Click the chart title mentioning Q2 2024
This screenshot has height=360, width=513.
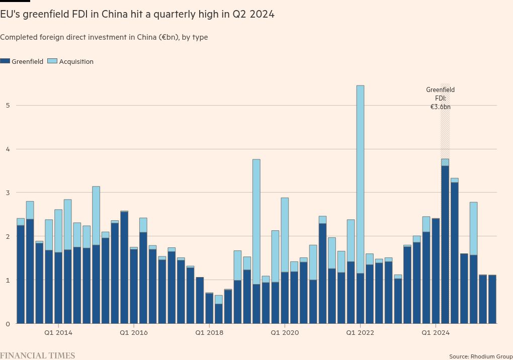pyautogui.click(x=137, y=14)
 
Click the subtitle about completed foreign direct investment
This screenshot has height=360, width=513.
pyautogui.click(x=104, y=37)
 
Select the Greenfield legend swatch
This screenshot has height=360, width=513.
pyautogui.click(x=5, y=61)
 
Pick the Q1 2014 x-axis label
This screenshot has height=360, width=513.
pyautogui.click(x=58, y=332)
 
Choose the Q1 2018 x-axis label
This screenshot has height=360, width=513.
pyautogui.click(x=209, y=332)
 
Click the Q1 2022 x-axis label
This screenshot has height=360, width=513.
pyautogui.click(x=361, y=332)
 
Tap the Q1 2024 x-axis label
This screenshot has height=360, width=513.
pyautogui.click(x=436, y=332)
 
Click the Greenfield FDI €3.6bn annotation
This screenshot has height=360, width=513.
pyautogui.click(x=440, y=98)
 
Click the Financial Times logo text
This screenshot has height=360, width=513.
pyautogui.click(x=38, y=355)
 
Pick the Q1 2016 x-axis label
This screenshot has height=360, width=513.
pyautogui.click(x=133, y=332)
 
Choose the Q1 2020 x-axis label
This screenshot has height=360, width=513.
pyautogui.click(x=285, y=332)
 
